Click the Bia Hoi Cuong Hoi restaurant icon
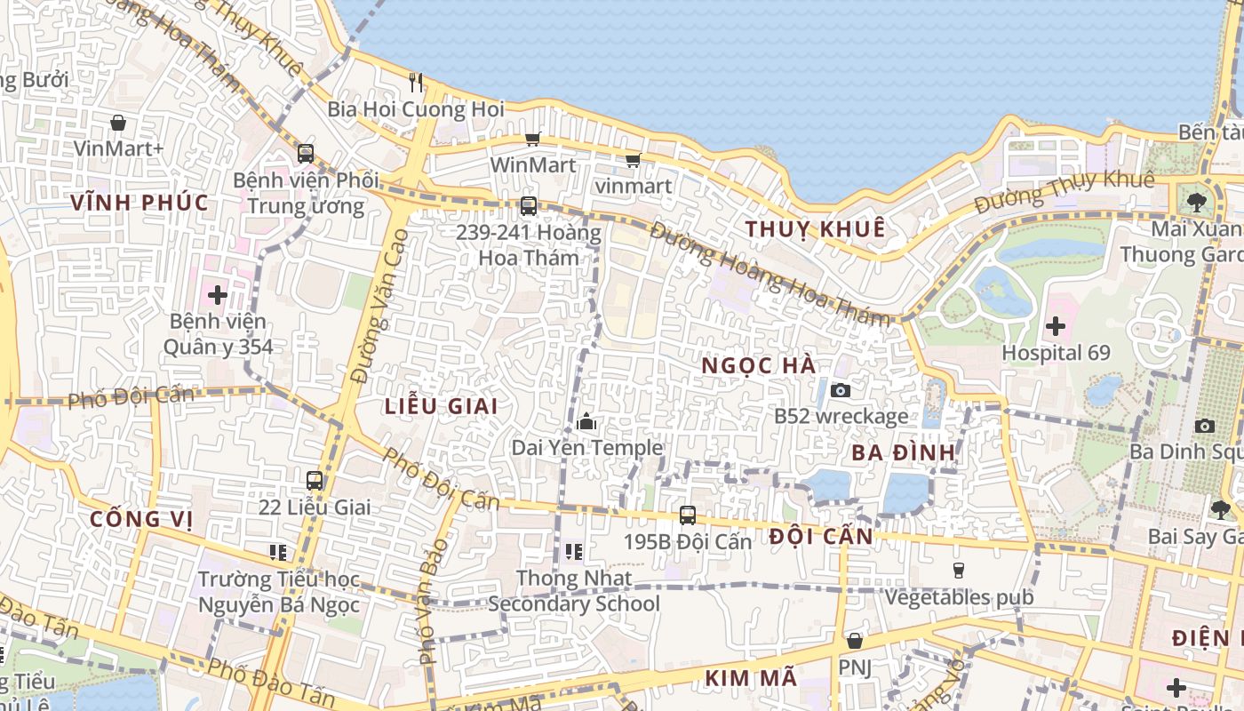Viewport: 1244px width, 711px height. tap(416, 83)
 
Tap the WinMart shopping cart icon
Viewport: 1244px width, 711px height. tap(532, 139)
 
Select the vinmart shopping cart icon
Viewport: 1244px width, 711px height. tap(633, 160)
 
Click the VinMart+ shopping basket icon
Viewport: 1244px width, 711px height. tap(118, 123)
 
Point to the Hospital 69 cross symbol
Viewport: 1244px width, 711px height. tap(1056, 326)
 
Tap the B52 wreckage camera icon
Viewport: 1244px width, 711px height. tap(840, 390)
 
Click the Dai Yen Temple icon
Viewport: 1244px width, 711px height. tap(586, 422)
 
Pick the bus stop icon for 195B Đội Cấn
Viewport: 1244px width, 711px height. tap(687, 515)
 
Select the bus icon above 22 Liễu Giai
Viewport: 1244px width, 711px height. tap(315, 481)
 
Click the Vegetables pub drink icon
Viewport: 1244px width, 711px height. tap(958, 570)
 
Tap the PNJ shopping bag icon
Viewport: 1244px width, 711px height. tap(855, 641)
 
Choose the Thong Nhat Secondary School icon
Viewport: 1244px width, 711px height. tap(574, 552)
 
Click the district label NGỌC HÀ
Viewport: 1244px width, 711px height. tap(758, 365)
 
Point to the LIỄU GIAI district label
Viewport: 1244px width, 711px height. tap(441, 406)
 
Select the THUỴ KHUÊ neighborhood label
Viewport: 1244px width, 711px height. tap(815, 228)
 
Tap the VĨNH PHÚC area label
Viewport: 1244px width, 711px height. tap(140, 203)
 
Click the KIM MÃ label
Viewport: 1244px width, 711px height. tap(751, 678)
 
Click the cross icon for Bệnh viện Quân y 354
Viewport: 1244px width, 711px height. tap(218, 294)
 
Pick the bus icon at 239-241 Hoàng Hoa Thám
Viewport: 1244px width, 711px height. tap(529, 206)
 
